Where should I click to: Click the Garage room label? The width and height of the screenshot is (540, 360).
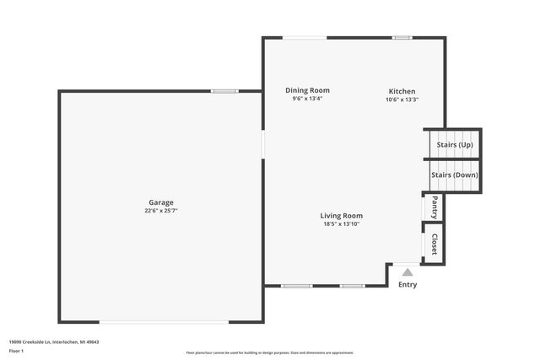[161, 202]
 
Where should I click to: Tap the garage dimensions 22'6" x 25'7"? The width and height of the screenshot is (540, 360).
[161, 211]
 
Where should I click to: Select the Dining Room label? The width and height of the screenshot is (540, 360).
[307, 90]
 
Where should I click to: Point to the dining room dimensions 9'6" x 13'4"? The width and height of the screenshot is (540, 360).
[307, 99]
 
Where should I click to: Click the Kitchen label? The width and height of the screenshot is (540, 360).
[402, 91]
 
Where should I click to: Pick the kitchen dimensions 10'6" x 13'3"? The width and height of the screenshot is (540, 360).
[402, 99]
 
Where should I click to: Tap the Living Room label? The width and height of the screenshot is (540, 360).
[341, 216]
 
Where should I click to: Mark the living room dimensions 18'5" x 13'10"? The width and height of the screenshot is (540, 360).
[341, 224]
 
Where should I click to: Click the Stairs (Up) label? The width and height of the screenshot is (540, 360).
[455, 145]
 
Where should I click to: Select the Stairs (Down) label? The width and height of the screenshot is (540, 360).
[455, 175]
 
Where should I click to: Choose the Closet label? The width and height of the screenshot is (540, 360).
[434, 244]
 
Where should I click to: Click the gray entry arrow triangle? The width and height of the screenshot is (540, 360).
[408, 271]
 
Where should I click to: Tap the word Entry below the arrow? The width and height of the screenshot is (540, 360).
[408, 284]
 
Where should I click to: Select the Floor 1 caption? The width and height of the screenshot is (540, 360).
[17, 350]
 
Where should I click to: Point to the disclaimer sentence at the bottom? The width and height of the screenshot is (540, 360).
[270, 352]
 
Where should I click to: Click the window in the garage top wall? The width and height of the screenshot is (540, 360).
[224, 91]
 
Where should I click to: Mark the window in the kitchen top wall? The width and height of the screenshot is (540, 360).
[402, 37]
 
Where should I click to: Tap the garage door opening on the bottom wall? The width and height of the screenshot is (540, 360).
[164, 321]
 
